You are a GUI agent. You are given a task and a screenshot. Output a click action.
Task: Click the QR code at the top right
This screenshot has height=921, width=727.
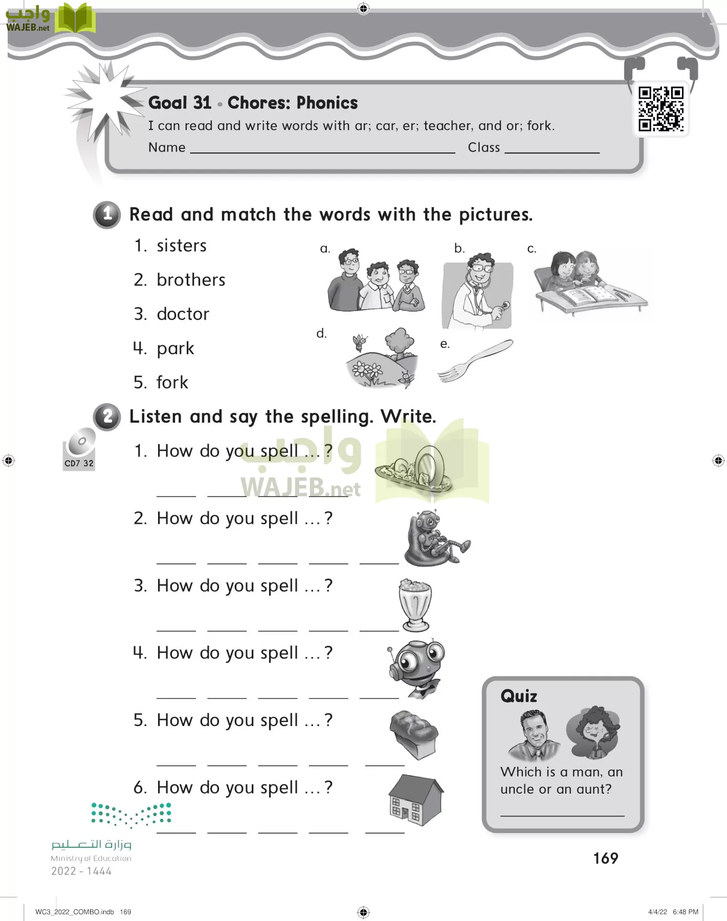(660, 109)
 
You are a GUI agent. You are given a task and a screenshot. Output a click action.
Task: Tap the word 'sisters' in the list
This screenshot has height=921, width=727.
(182, 246)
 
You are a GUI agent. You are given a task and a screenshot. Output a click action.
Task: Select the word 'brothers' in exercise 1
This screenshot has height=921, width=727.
(191, 280)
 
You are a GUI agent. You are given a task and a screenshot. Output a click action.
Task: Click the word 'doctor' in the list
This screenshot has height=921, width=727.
(183, 314)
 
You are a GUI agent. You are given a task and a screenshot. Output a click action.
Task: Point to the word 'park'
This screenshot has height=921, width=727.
(175, 348)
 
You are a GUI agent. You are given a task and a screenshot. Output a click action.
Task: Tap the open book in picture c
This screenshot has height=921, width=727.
(588, 295)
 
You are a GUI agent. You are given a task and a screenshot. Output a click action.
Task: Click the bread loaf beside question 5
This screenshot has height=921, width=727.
(414, 734)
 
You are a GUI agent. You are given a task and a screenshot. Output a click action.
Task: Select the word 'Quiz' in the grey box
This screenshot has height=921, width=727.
(519, 696)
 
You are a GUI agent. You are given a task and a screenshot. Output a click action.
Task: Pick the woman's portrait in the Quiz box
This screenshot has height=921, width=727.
(593, 732)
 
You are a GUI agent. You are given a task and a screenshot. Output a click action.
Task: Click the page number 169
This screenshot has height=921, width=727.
(606, 859)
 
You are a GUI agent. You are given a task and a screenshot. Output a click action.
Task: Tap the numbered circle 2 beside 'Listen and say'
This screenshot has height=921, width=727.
(107, 416)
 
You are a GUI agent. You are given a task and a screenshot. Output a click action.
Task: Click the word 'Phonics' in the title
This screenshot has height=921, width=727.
(327, 103)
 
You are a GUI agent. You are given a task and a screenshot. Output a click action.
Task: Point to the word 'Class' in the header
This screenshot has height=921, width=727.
(484, 147)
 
